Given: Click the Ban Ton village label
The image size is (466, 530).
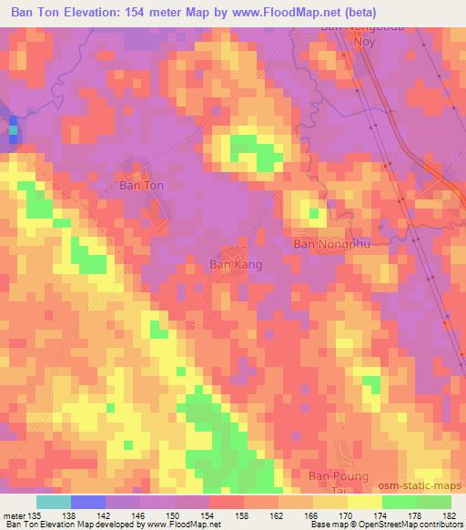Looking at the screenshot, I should [x=142, y=185].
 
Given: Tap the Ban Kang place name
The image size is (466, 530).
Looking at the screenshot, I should [x=236, y=265].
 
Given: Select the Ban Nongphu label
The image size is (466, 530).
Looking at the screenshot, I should [x=328, y=244].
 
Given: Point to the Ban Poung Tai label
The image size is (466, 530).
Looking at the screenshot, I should [x=339, y=483].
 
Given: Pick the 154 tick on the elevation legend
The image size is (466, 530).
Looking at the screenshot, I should [x=208, y=516].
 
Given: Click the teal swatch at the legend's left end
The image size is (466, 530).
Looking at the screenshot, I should [x=53, y=502].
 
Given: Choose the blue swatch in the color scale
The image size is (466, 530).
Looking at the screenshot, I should [x=87, y=502].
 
